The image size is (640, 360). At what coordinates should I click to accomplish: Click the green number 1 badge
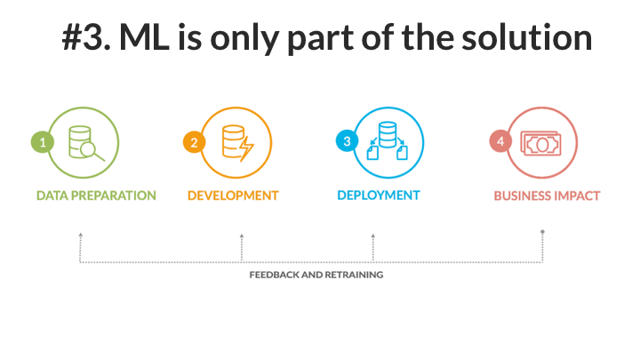coord(43,142)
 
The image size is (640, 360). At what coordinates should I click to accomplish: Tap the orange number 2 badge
coord(195,142)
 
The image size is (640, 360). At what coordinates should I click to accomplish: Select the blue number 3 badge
coord(347,140)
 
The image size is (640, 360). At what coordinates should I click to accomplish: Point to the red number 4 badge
coord(500,141)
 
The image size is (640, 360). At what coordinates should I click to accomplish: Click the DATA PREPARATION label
coord(96,196)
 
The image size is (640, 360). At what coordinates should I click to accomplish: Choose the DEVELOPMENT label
coord(233,196)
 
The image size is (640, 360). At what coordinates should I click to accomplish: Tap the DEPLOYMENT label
coord(379,196)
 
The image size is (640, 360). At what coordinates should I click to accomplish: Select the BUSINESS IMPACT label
coord(547,196)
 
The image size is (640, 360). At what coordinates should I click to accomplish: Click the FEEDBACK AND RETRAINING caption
coord(316,275)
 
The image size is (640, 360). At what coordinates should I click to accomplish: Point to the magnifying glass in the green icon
coord(92,151)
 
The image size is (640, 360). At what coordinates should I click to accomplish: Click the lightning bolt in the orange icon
coord(246,148)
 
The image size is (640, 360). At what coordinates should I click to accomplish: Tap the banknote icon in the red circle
coord(540,143)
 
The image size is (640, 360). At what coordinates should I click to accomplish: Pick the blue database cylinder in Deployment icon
coord(388,134)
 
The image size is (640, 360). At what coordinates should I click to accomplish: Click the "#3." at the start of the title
coord(86,37)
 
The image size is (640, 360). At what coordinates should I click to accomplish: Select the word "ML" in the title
coord(145,37)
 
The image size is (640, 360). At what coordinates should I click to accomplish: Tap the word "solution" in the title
coord(527,36)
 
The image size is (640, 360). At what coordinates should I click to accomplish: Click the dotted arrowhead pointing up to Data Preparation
coord(81,235)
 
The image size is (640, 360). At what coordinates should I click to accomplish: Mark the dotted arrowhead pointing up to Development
coord(242,236)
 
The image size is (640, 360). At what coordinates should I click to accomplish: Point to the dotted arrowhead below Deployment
coord(373,236)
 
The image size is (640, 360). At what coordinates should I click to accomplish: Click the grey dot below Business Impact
coord(542,232)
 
